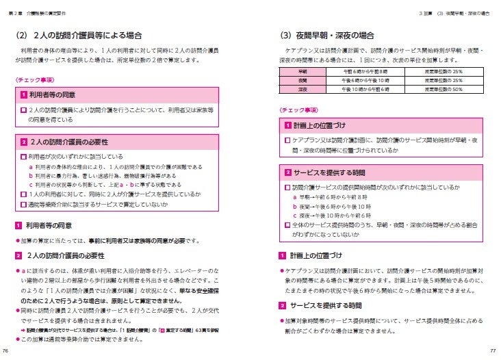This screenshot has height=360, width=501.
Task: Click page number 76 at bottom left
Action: coord(5,351)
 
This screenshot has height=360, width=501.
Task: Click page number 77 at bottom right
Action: coord(493,351)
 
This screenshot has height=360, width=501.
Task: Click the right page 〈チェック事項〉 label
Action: coord(298,110)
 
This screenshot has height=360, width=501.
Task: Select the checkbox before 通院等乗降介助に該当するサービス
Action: coord(24,204)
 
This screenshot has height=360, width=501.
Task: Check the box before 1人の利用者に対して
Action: coord(24,194)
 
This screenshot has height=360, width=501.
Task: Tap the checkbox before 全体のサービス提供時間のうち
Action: coord(287,224)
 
